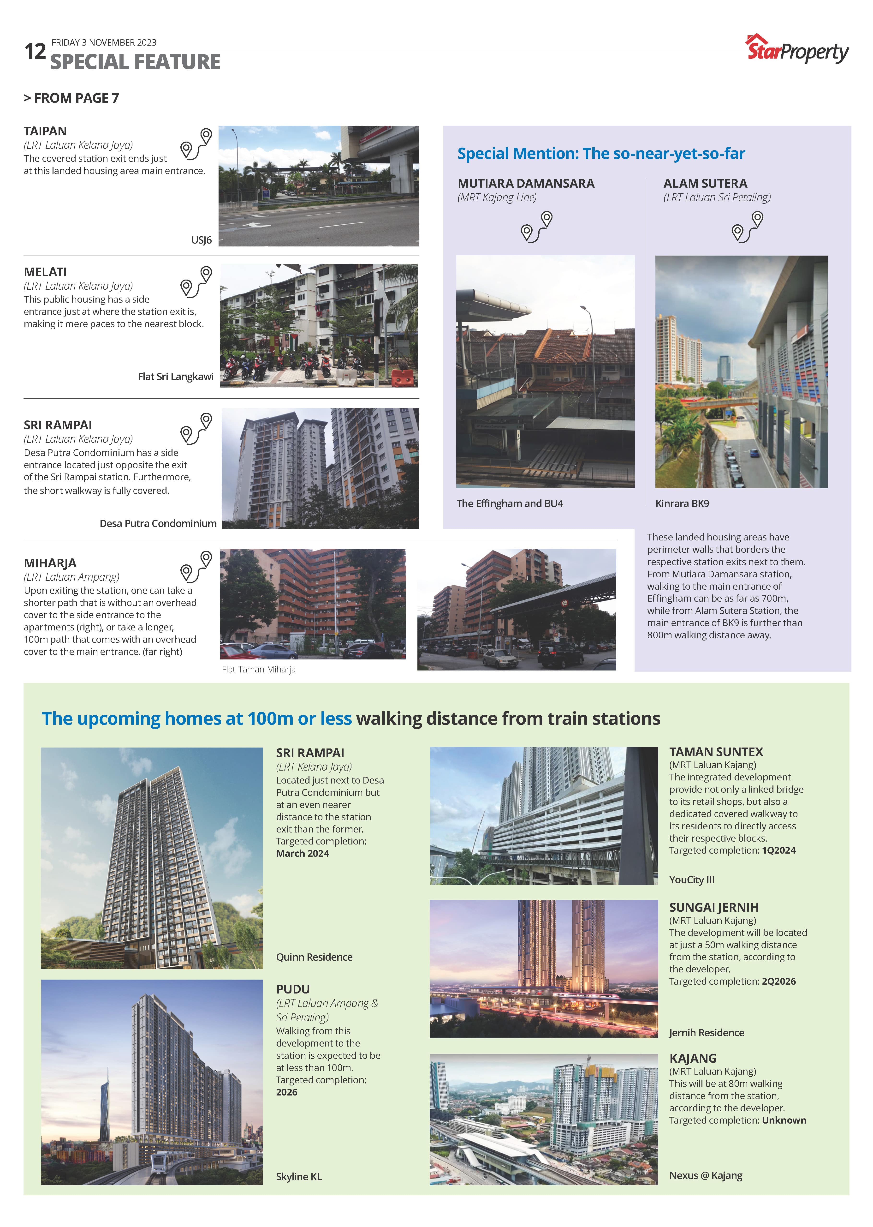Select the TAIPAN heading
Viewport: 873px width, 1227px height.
[45, 131]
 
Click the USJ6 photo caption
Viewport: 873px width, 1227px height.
[202, 240]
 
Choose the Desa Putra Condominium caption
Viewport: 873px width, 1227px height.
[158, 523]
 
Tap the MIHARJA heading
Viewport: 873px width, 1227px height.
[50, 563]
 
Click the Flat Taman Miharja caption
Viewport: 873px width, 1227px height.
[259, 670]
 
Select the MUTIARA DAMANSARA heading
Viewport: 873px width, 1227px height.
[526, 183]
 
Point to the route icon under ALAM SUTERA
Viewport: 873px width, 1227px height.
[747, 227]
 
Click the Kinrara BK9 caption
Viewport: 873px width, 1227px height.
[682, 503]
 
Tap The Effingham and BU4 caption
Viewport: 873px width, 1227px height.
[509, 503]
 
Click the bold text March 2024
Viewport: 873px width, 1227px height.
[302, 853]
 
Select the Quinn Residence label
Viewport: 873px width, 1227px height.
[314, 957]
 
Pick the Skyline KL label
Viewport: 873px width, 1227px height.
[299, 1176]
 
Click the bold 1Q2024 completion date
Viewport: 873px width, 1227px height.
[778, 850]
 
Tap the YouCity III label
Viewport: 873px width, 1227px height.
[691, 880]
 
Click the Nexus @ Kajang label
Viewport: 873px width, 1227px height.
[705, 1175]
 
